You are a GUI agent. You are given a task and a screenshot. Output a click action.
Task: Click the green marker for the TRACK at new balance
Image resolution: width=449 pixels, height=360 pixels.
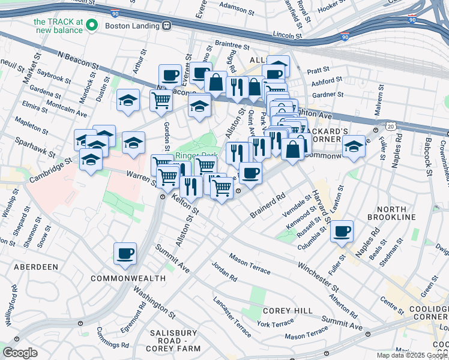(x=92, y=25)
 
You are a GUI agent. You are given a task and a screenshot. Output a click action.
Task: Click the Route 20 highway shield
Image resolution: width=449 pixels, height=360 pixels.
(x=391, y=127)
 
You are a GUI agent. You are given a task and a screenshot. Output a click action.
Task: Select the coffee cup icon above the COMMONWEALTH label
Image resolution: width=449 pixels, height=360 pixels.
(x=125, y=253)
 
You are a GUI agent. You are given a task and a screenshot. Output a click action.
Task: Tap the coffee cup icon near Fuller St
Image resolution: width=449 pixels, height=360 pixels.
(x=342, y=232)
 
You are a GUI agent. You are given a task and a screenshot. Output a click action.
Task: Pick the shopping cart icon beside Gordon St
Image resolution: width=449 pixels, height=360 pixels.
(x=161, y=101)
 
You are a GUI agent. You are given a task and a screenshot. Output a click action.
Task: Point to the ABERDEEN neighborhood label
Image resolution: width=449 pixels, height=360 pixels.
(x=33, y=266)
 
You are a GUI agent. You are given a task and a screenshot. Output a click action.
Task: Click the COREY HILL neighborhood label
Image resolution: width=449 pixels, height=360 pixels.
(x=288, y=311)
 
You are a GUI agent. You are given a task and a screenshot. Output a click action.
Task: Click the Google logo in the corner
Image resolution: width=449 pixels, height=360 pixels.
(x=20, y=352)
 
